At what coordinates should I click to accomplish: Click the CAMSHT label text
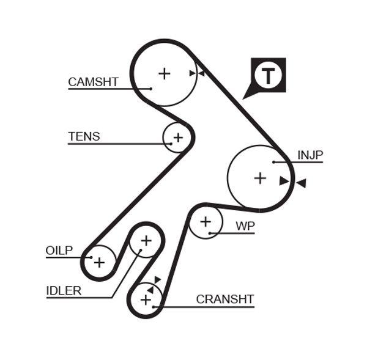pyautogui.click(x=93, y=82)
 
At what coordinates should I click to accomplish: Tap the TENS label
pyautogui.click(x=84, y=137)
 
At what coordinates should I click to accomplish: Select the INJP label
pyautogui.click(x=310, y=155)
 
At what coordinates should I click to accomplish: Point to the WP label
pyautogui.click(x=245, y=226)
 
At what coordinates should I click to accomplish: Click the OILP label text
pyautogui.click(x=59, y=250)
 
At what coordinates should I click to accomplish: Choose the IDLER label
pyautogui.click(x=64, y=291)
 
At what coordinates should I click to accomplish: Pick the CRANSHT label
pyautogui.click(x=224, y=299)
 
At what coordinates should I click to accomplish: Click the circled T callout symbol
pyautogui.click(x=268, y=76)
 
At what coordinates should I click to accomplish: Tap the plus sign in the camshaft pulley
pyautogui.click(x=164, y=73)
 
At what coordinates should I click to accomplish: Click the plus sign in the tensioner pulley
pyautogui.click(x=178, y=138)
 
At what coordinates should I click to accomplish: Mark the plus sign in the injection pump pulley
pyautogui.click(x=260, y=178)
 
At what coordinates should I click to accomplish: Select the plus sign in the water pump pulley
pyautogui.click(x=206, y=221)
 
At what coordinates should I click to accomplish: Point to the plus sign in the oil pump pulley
pyautogui.click(x=99, y=262)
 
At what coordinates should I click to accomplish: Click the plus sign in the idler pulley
pyautogui.click(x=146, y=240)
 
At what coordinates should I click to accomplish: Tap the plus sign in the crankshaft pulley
pyautogui.click(x=146, y=300)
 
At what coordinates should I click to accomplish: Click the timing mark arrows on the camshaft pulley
pyautogui.click(x=196, y=73)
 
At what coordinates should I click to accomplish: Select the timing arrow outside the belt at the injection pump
pyautogui.click(x=300, y=183)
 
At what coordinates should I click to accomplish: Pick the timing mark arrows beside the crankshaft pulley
pyautogui.click(x=154, y=284)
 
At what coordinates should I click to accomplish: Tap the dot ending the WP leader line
pyautogui.click(x=210, y=233)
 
